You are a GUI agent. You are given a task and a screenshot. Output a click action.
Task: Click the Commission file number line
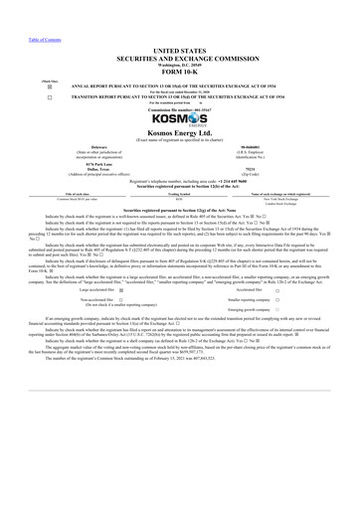click(x=179, y=107)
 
